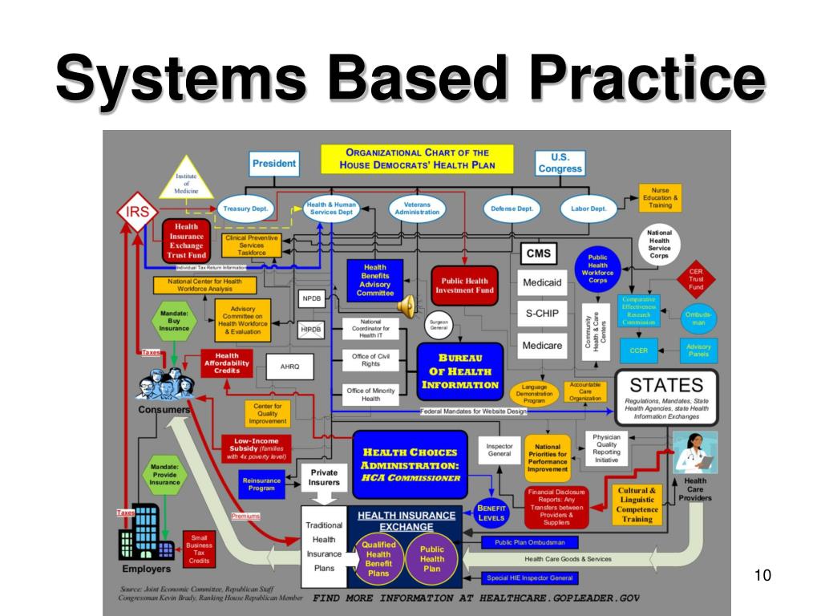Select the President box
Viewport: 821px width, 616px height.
click(x=274, y=164)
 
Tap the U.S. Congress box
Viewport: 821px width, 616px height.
click(x=560, y=163)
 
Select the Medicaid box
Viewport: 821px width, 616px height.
click(x=542, y=282)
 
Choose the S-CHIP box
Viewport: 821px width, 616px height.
click(x=542, y=314)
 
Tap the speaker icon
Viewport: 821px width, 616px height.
click(x=406, y=304)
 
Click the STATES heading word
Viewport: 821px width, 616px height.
click(x=666, y=385)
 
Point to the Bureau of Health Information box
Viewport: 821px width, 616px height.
click(x=460, y=371)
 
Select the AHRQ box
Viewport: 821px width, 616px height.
click(x=289, y=367)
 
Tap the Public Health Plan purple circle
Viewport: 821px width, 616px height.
click(x=431, y=558)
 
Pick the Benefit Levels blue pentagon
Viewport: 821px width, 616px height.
click(x=490, y=513)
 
